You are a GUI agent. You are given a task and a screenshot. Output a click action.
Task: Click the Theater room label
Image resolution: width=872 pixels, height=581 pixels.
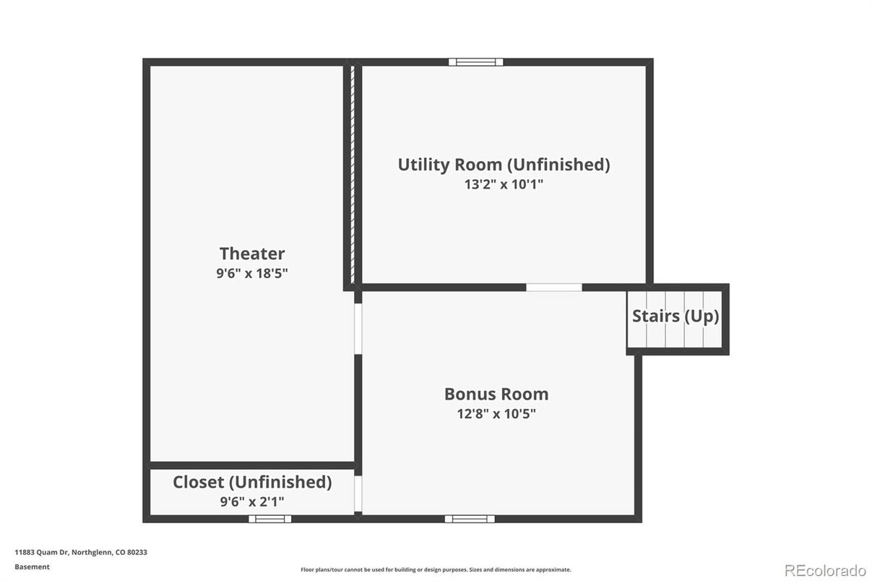252,254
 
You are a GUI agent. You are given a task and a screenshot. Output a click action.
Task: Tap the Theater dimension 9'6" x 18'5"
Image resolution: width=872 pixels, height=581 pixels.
252,273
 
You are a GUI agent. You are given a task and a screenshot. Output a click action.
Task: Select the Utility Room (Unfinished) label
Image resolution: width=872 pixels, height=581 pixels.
504,165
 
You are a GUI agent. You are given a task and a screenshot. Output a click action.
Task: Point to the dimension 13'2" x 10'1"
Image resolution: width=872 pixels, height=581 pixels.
504,184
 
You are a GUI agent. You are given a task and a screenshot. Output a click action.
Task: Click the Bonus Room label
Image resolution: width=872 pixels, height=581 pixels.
496,395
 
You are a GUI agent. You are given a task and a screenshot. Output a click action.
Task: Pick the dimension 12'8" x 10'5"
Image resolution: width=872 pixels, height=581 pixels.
496,414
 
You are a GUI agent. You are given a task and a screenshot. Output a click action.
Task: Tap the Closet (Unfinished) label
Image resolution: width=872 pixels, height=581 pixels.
252,482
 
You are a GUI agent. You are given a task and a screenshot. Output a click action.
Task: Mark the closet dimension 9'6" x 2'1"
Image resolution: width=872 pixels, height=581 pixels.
252,501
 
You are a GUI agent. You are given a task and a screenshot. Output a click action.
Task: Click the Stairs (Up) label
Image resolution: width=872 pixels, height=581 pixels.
675,316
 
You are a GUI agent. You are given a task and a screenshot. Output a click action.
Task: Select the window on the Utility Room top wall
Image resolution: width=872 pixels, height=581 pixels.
475,62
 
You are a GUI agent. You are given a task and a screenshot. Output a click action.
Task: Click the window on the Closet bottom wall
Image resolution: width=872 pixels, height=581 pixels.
270,518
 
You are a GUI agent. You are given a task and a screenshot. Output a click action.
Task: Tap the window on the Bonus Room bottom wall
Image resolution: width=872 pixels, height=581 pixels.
470,518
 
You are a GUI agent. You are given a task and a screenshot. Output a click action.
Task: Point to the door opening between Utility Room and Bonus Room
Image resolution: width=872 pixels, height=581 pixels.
554,288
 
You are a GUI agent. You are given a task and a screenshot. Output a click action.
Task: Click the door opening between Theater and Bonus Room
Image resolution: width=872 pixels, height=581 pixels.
358,327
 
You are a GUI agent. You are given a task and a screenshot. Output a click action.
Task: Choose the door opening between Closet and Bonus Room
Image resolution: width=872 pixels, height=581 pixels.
358,493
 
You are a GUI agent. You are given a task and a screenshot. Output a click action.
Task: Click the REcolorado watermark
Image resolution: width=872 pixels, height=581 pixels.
824,570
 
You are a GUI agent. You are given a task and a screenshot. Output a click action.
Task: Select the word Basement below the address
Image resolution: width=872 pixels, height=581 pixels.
33,567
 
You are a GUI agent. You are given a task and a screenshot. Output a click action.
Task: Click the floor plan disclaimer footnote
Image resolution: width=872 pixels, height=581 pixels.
436,570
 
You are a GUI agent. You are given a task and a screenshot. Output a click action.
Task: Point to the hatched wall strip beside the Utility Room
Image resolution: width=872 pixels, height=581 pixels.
352,173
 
